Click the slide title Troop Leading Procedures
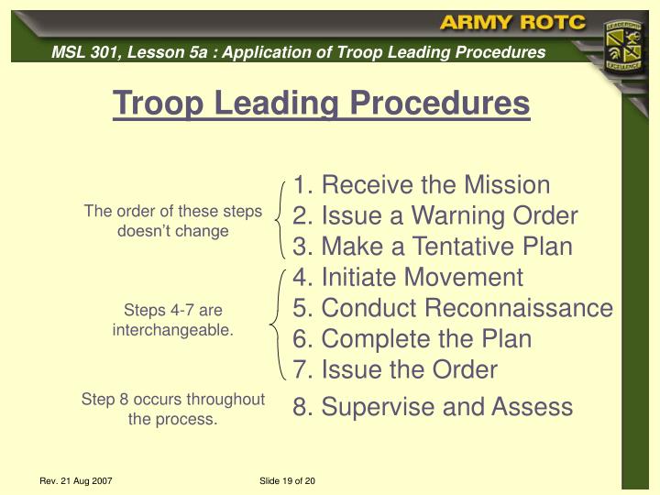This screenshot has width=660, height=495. (321, 104)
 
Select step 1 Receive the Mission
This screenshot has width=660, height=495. (422, 185)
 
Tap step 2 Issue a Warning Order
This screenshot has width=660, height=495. (435, 216)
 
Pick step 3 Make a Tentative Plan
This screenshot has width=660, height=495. (433, 247)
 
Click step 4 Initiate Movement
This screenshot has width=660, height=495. (408, 277)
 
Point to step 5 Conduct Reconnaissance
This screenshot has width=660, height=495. (453, 308)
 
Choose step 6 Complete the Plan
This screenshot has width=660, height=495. (412, 338)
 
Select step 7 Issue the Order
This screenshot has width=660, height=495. (395, 369)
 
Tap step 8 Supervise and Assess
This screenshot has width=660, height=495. (433, 407)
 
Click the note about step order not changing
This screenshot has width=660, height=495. (173, 221)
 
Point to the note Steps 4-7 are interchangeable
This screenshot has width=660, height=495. (173, 320)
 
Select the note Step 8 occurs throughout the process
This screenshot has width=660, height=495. (173, 409)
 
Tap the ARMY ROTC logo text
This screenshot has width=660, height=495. (512, 23)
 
